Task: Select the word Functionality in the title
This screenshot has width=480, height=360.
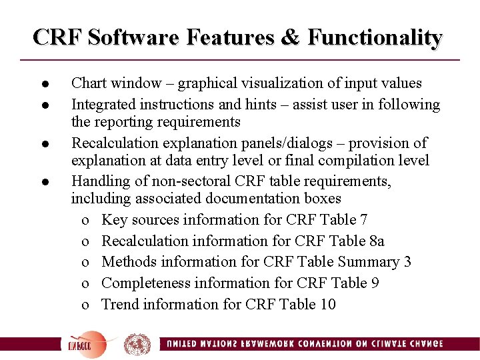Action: coord(375,37)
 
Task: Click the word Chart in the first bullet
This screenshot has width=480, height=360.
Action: coord(87,83)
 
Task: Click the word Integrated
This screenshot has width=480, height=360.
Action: coord(103,105)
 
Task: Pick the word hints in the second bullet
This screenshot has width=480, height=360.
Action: coord(257,105)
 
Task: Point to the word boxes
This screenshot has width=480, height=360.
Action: coord(323,199)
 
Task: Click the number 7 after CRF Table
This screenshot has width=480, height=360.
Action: coord(363,220)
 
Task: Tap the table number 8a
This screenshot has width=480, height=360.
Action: coord(376,241)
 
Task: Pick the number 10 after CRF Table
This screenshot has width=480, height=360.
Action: coord(328,305)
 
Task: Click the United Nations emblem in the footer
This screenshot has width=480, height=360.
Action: coord(137,344)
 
